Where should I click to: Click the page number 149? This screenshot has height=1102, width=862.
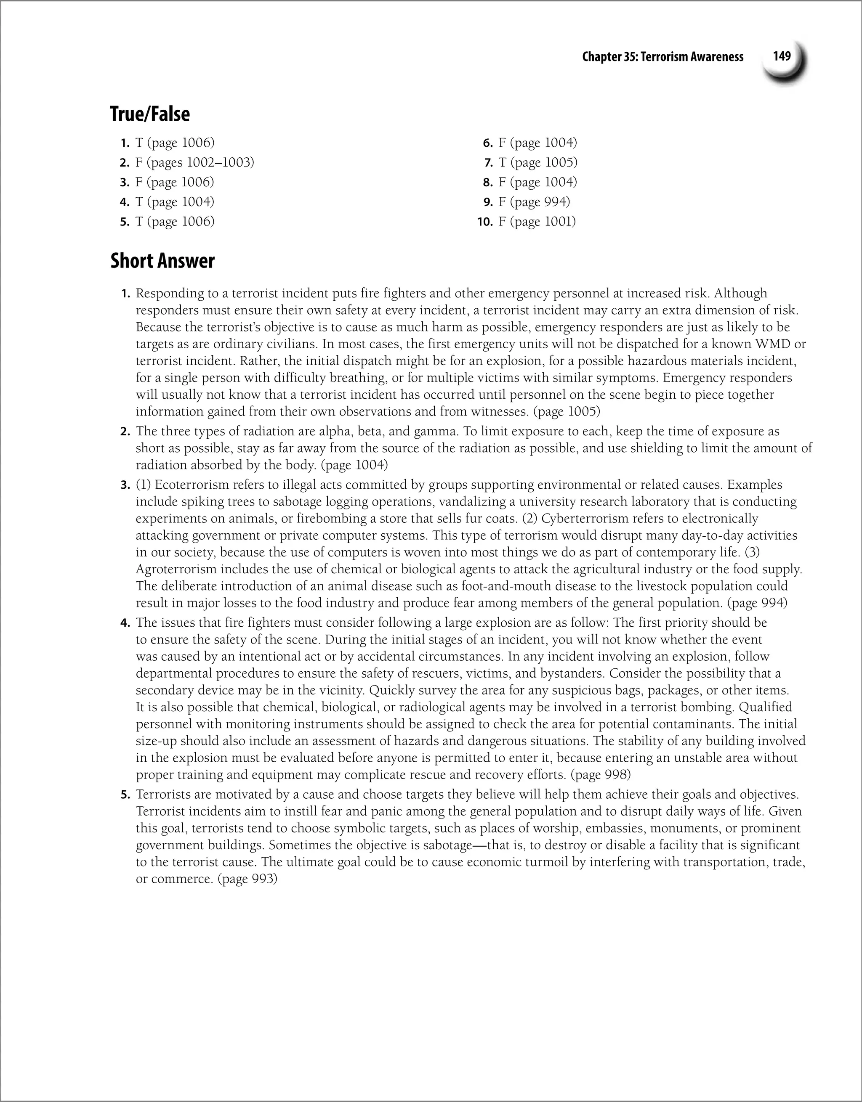coord(782,56)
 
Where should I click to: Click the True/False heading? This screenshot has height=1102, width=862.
coord(150,114)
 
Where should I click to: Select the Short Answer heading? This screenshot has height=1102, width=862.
coord(162,261)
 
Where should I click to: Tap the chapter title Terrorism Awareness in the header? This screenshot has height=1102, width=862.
coord(662,56)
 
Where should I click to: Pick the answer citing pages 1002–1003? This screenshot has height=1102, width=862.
coord(194,162)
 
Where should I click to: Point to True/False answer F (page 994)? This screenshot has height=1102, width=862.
coord(534,202)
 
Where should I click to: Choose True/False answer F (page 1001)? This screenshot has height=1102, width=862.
coord(537,222)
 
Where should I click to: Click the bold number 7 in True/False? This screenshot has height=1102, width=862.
coord(488,162)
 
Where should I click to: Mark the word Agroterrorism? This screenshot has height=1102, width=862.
coord(174,569)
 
